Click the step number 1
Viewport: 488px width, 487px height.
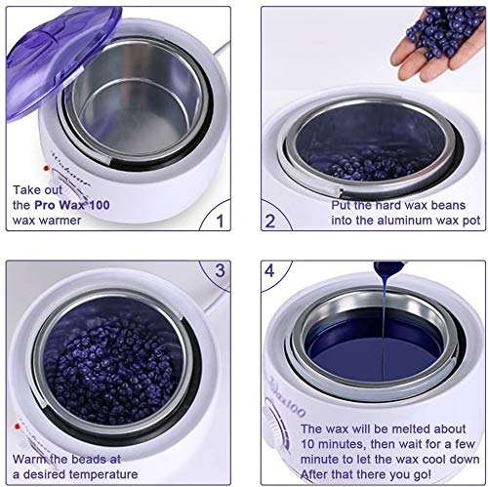(221, 221)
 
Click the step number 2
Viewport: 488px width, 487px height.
(270, 222)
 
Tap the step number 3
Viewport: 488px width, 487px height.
(220, 270)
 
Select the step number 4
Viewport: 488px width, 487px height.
(269, 271)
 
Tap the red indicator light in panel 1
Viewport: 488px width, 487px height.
(46, 168)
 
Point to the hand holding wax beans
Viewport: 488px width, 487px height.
(437, 44)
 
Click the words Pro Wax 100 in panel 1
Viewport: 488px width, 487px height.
(72, 205)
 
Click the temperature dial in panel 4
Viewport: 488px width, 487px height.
(272, 427)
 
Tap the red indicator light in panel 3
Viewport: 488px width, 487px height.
(16, 426)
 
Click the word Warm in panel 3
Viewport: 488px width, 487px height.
(30, 459)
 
